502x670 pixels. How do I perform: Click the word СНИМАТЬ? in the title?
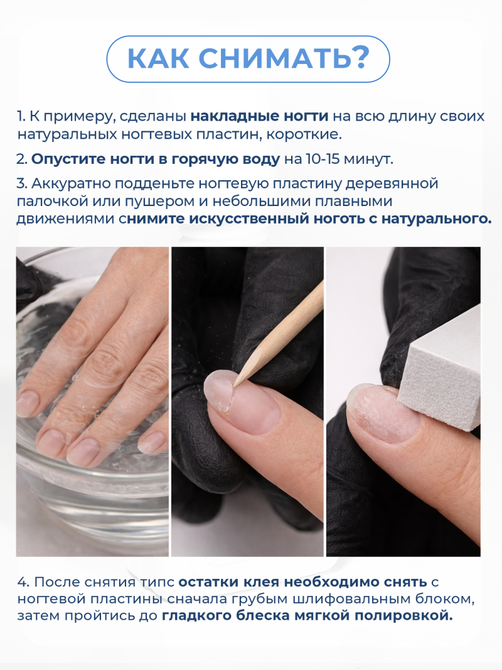(x=284, y=58)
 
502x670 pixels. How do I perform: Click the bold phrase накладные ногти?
(x=259, y=117)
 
